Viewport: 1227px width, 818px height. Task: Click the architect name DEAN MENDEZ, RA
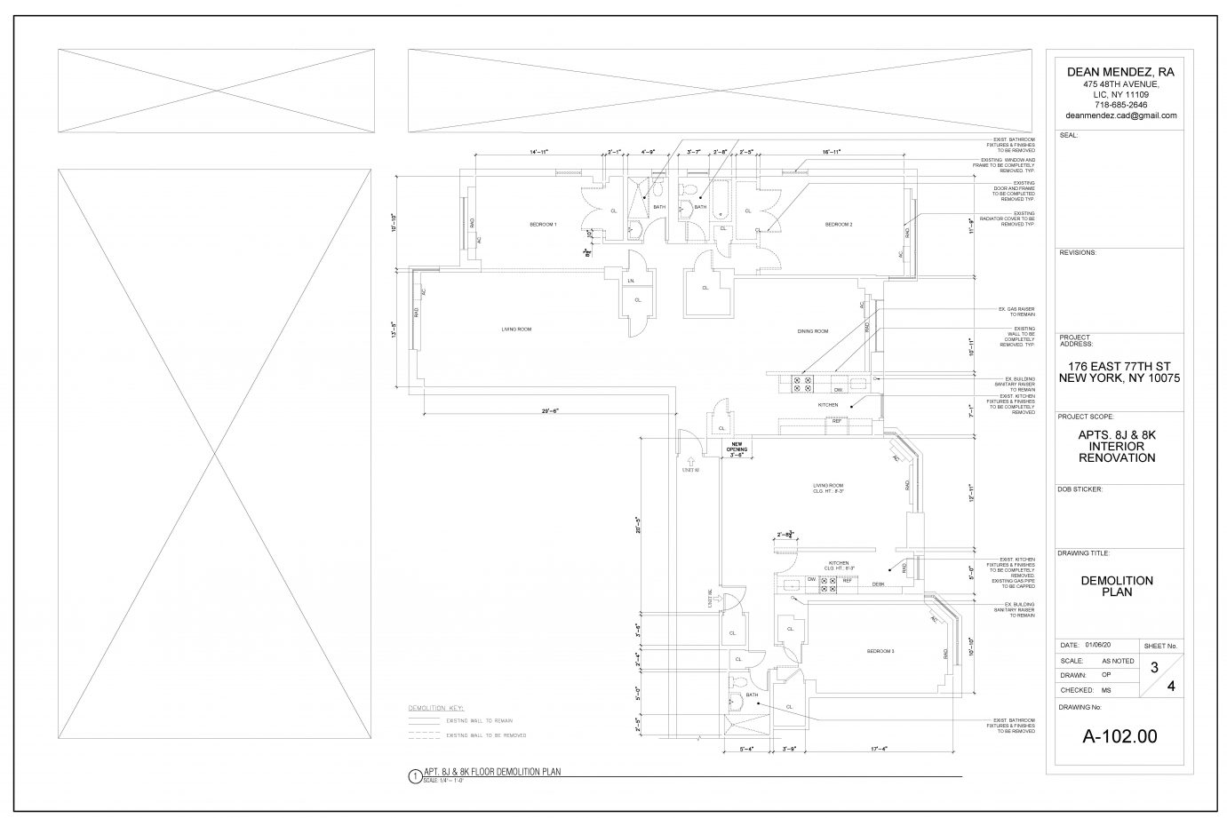(x=1120, y=72)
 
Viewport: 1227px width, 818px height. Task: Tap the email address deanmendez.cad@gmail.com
(x=1120, y=115)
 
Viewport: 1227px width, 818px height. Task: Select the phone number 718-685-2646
(x=1120, y=105)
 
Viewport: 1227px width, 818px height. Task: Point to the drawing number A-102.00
(x=1119, y=735)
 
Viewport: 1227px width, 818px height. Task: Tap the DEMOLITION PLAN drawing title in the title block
(x=1117, y=586)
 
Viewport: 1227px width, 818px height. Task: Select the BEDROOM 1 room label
(x=543, y=224)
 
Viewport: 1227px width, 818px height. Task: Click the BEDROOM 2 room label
(x=838, y=224)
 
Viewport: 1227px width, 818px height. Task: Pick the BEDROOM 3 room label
(x=880, y=651)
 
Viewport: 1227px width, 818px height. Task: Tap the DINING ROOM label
(x=812, y=331)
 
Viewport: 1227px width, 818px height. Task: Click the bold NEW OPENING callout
(x=736, y=448)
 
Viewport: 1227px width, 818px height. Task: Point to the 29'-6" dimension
(x=555, y=410)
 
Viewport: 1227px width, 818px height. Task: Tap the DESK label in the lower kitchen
(x=877, y=584)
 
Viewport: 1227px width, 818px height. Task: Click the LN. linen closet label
(x=630, y=282)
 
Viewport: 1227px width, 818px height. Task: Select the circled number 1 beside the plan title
(x=413, y=775)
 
